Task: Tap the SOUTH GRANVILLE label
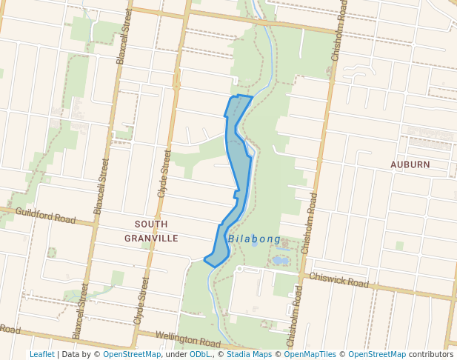151,231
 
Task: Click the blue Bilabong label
254,239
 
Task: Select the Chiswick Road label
339,281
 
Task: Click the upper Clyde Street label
164,172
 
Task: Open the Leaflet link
41,355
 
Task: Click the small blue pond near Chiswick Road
279,260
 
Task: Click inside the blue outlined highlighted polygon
236,156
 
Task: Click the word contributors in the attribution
431,355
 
